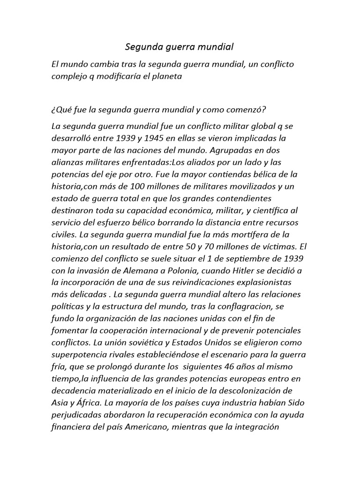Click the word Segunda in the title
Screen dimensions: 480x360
[x=142, y=47]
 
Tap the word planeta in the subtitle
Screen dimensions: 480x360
[x=167, y=75]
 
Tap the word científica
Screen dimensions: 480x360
[x=270, y=210]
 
